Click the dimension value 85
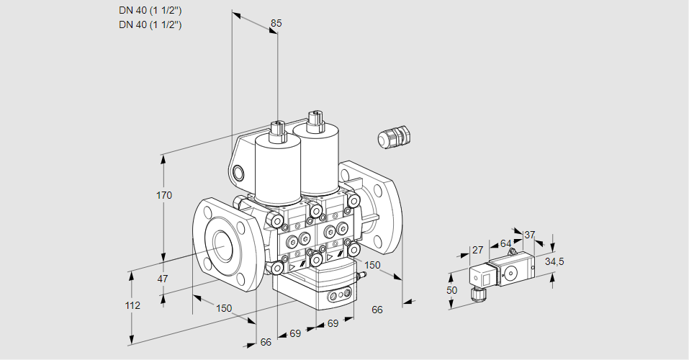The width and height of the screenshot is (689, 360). (x=276, y=23)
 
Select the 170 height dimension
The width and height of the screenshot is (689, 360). (x=164, y=196)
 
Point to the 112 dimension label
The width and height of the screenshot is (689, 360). (x=132, y=305)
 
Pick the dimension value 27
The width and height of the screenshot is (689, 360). (x=477, y=250)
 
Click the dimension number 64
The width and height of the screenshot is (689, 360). (x=505, y=243)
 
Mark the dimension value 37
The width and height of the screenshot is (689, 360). (x=529, y=235)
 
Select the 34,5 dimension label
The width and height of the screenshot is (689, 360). (x=554, y=261)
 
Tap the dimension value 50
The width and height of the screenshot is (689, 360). (x=452, y=289)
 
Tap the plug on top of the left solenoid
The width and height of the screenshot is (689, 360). (x=277, y=131)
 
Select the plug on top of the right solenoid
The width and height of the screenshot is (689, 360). (x=314, y=120)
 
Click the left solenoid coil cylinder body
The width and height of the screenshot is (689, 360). (x=276, y=171)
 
